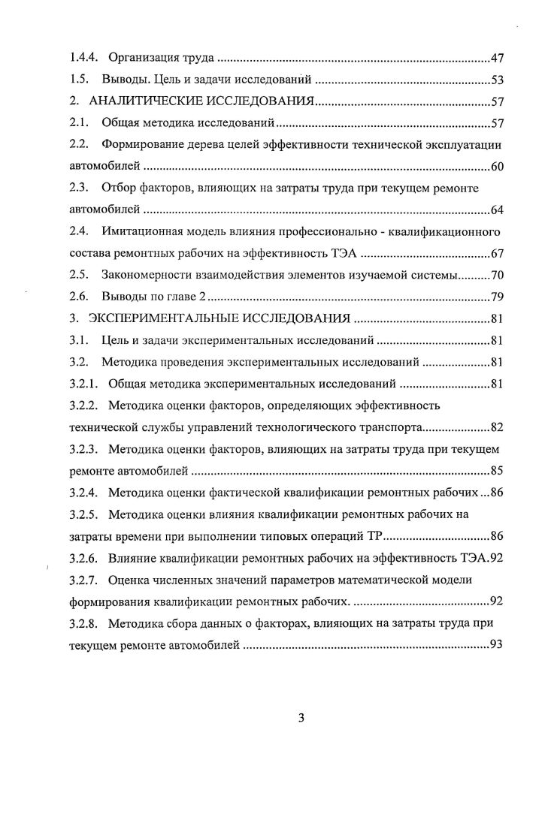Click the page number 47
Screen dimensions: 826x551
click(497, 57)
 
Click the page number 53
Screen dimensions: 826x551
click(497, 79)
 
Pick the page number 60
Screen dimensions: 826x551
click(497, 166)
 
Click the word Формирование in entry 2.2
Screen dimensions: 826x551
click(147, 144)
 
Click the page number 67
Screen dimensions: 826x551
click(497, 253)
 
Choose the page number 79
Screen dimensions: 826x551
click(497, 297)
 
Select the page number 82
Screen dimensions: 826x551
click(497, 427)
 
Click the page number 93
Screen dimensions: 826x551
click(497, 645)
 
